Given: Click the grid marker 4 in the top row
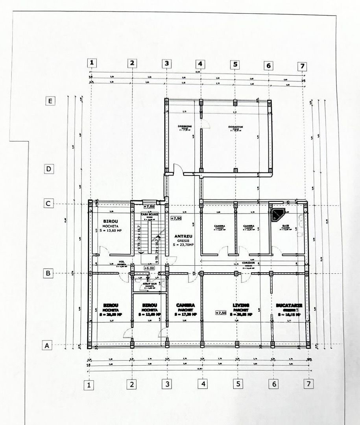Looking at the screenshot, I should pyautogui.click(x=200, y=63).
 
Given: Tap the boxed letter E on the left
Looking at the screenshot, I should pyautogui.click(x=50, y=101).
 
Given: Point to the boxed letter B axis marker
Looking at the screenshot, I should pyautogui.click(x=48, y=273).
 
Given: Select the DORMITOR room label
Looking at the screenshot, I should pyautogui.click(x=235, y=127).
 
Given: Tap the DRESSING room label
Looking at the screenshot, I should pyautogui.click(x=185, y=127).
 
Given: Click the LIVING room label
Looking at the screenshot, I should pyautogui.click(x=241, y=305).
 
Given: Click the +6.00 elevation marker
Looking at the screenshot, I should pyautogui.click(x=149, y=268).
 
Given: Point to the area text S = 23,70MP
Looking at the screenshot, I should pyautogui.click(x=183, y=245).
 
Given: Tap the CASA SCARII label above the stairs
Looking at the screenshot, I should pyautogui.click(x=149, y=214).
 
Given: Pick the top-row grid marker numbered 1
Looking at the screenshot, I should pyautogui.click(x=92, y=63).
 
